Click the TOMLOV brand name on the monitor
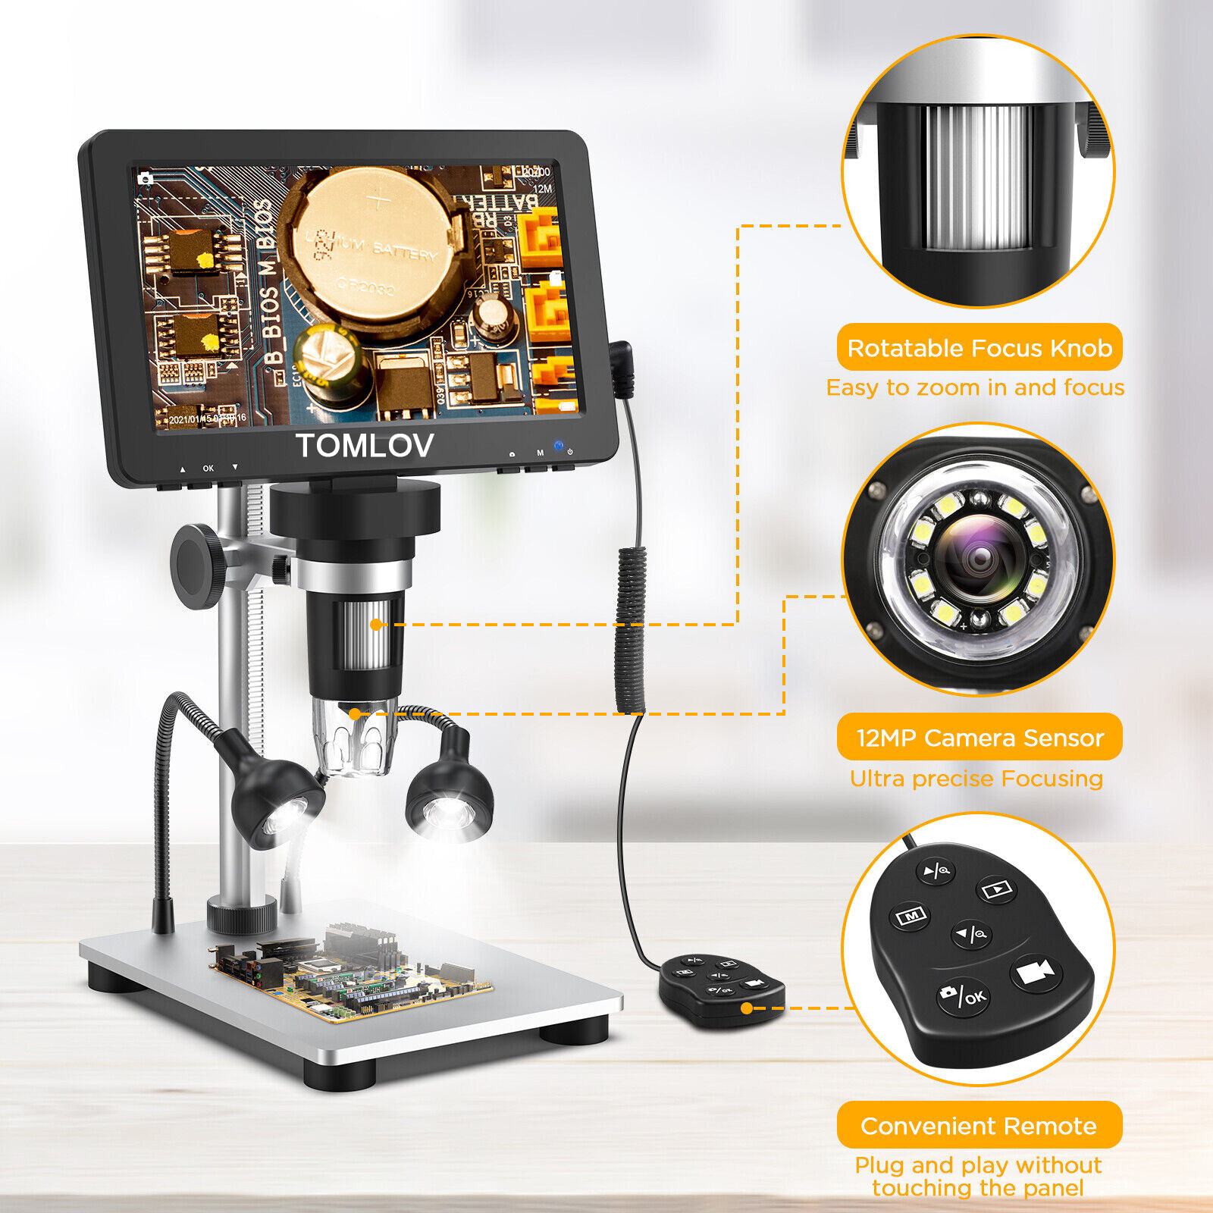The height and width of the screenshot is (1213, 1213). [365, 446]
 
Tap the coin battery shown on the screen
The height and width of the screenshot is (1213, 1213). [371, 243]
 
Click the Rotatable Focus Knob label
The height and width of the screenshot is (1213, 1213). [979, 348]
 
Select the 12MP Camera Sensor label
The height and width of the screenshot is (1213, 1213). [979, 738]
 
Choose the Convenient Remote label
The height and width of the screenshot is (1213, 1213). [979, 1126]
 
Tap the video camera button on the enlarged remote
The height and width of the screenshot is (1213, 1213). [1036, 973]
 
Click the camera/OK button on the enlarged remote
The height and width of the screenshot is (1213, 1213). [964, 995]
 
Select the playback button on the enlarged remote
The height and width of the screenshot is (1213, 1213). [998, 889]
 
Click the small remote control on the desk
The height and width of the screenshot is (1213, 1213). [720, 987]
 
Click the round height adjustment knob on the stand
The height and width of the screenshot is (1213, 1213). [196, 566]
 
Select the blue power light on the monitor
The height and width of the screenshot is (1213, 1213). [559, 447]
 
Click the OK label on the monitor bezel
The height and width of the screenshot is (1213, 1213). [208, 469]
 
